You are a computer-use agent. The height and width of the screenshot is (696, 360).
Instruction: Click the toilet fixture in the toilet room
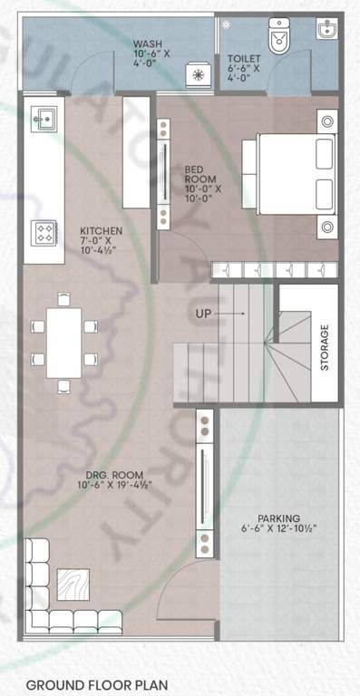[x=277, y=37]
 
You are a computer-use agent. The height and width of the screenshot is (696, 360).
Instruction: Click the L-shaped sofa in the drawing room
[x=42, y=598]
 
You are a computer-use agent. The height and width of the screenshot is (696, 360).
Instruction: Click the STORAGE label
[x=324, y=347]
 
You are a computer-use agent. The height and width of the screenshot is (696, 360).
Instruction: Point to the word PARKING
[x=278, y=517]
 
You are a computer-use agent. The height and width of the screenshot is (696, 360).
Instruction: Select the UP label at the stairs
[x=205, y=314]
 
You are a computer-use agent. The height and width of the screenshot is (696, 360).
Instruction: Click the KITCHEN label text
[x=101, y=230]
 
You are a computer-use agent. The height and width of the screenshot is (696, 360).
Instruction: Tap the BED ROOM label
[x=194, y=174]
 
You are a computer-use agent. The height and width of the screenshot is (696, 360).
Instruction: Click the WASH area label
[x=147, y=43]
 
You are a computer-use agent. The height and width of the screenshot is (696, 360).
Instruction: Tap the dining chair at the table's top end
[x=63, y=298]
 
